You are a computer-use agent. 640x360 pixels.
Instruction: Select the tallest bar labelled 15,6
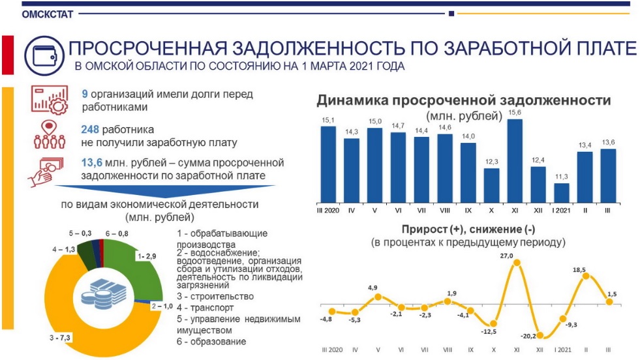click(515, 160)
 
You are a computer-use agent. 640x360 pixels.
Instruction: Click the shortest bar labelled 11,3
click(562, 192)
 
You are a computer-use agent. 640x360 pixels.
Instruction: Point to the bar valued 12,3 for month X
click(491, 185)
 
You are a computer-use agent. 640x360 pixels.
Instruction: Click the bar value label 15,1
click(328, 120)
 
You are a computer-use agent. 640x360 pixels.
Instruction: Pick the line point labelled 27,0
click(517, 263)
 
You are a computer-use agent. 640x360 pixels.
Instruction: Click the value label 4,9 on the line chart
click(378, 288)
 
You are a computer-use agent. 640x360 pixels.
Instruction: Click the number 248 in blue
click(91, 129)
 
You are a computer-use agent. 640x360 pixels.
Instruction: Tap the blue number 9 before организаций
click(85, 94)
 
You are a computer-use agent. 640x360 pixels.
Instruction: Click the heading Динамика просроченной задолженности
click(463, 100)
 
